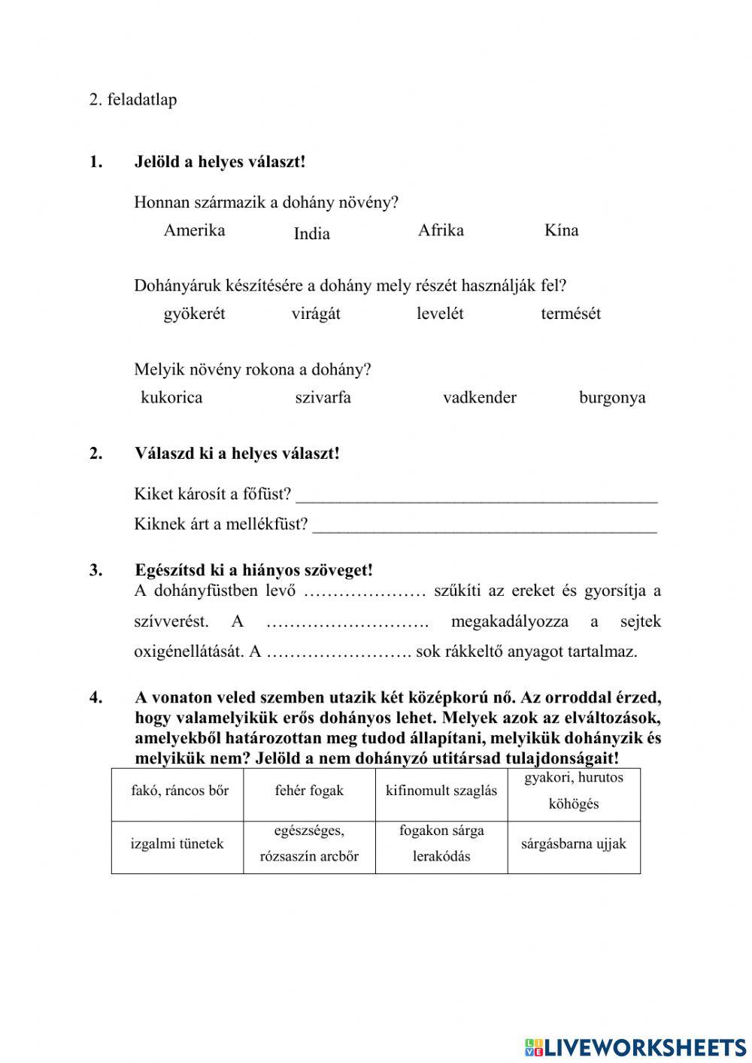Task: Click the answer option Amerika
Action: pos(194,230)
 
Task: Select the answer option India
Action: pos(311,234)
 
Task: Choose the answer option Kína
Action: pos(561,230)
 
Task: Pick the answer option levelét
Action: pos(440,314)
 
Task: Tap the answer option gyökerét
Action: pos(194,314)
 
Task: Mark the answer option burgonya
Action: pos(612,397)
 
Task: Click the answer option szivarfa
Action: pos(323,397)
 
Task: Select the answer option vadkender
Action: pos(480,397)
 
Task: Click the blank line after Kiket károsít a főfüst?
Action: pos(477,497)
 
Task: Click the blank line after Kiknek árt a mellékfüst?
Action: pos(484,527)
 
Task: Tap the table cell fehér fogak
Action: pos(309,791)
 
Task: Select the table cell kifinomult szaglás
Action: pos(441,791)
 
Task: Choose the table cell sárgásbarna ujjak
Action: pos(574,844)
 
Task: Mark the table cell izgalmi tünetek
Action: pos(177,844)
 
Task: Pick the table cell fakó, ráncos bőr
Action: pos(180,791)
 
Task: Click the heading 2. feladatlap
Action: pos(133,99)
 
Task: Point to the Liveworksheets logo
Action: pos(635,1046)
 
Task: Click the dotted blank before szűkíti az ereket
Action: pos(365,592)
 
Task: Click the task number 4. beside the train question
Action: pos(96,697)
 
